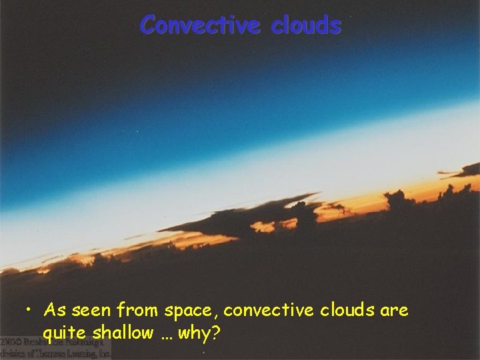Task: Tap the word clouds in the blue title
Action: pyautogui.click(x=307, y=25)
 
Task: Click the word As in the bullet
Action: pyautogui.click(x=55, y=311)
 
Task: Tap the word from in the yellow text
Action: pyautogui.click(x=137, y=311)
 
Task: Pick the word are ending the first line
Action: pyautogui.click(x=394, y=311)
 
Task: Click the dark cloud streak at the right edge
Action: pyautogui.click(x=467, y=169)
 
